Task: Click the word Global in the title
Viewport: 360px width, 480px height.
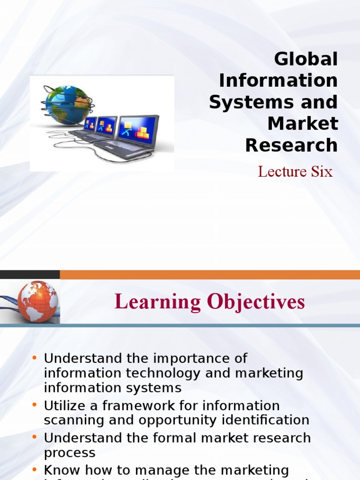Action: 306,60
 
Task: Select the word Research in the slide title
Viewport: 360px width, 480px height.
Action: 291,146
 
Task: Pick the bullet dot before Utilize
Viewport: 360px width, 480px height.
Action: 35,405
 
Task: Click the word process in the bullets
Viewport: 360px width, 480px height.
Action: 69,453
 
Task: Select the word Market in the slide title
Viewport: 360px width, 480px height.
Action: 302,124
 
